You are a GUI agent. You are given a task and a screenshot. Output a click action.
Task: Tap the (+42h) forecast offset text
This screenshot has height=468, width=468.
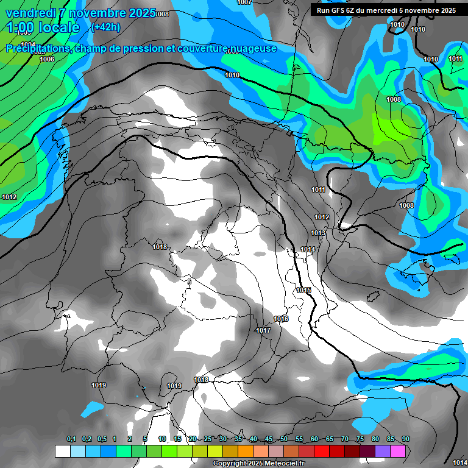[105, 27]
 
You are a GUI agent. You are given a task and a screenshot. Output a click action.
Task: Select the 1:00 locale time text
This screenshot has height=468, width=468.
[43, 27]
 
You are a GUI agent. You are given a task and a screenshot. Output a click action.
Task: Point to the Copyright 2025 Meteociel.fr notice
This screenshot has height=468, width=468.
[256, 463]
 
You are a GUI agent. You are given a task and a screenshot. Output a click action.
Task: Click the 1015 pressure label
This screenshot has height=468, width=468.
[304, 290]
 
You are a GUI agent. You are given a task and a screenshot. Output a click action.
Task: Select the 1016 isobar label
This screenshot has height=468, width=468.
[281, 319]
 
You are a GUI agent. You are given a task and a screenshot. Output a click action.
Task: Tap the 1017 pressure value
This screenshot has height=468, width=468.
[263, 330]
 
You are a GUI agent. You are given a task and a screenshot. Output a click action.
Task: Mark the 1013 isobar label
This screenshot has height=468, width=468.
[318, 233]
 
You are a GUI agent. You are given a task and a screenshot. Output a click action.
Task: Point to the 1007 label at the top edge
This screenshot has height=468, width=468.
[244, 2]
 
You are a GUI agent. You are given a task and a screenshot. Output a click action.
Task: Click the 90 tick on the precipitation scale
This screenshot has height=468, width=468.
[405, 439]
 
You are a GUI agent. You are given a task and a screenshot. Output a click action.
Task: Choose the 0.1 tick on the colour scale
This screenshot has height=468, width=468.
[71, 439]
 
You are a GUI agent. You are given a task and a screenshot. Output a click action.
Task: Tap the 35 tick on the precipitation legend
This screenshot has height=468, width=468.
[238, 439]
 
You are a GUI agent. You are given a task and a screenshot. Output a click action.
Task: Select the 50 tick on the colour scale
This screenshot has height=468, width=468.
[284, 439]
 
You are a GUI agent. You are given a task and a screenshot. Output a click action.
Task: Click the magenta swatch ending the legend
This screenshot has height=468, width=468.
[398, 451]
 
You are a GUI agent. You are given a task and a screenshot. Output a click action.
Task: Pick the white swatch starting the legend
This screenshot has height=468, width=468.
[63, 451]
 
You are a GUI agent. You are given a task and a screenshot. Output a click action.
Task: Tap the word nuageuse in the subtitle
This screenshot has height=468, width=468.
[250, 48]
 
